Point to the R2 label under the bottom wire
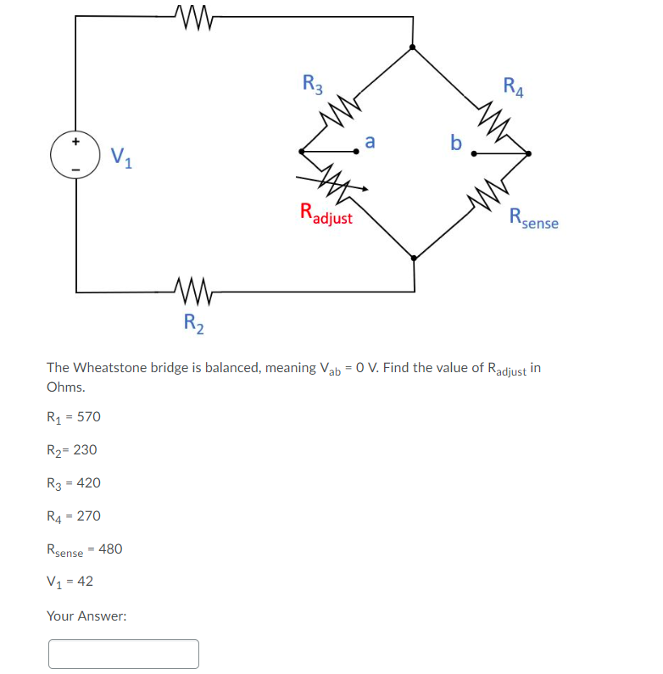tap(194, 322)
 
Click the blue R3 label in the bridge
tap(313, 85)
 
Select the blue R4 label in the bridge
tap(513, 86)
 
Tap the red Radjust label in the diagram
tap(326, 214)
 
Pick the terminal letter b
tap(456, 142)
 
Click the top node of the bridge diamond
tap(413, 48)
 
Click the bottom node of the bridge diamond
tap(413, 257)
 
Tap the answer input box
tap(124, 654)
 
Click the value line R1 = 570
tap(74, 416)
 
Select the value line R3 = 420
tap(74, 482)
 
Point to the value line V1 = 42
tap(70, 582)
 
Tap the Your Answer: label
tap(86, 616)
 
